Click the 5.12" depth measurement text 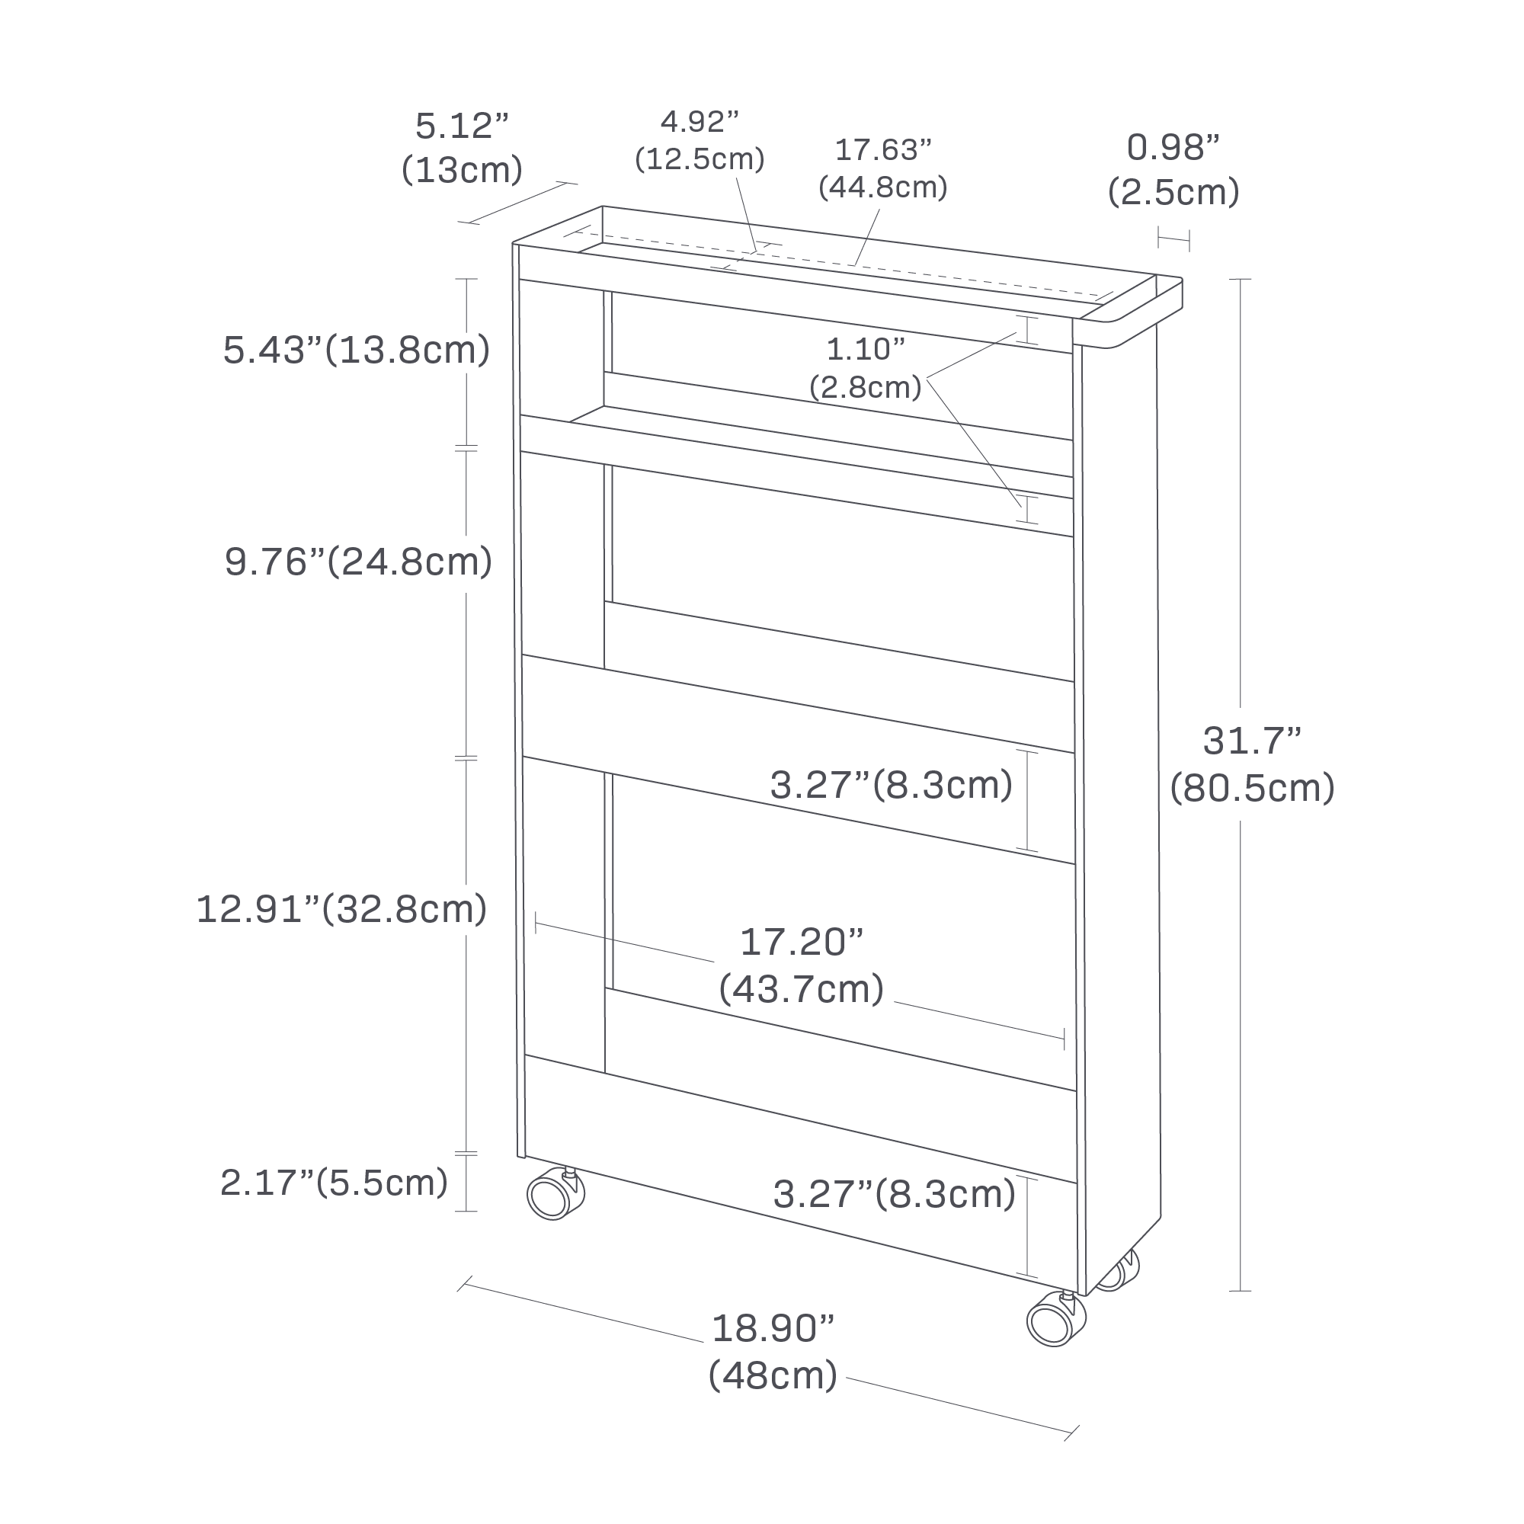coord(462,126)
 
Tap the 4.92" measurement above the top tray coord(699,122)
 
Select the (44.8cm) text coord(882,187)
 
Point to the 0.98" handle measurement coord(1173,147)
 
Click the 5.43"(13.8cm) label coord(357,351)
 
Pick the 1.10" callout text coord(866,349)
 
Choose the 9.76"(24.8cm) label coord(358,562)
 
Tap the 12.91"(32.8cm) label coord(341,909)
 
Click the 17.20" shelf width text coord(802,942)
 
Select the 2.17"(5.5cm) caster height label coord(335,1183)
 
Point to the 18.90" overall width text coord(773,1328)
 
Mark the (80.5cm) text coord(1252,787)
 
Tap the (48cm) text coord(773,1375)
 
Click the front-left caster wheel coord(555,1195)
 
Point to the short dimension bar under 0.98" coord(1173,239)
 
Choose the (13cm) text coord(462,171)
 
